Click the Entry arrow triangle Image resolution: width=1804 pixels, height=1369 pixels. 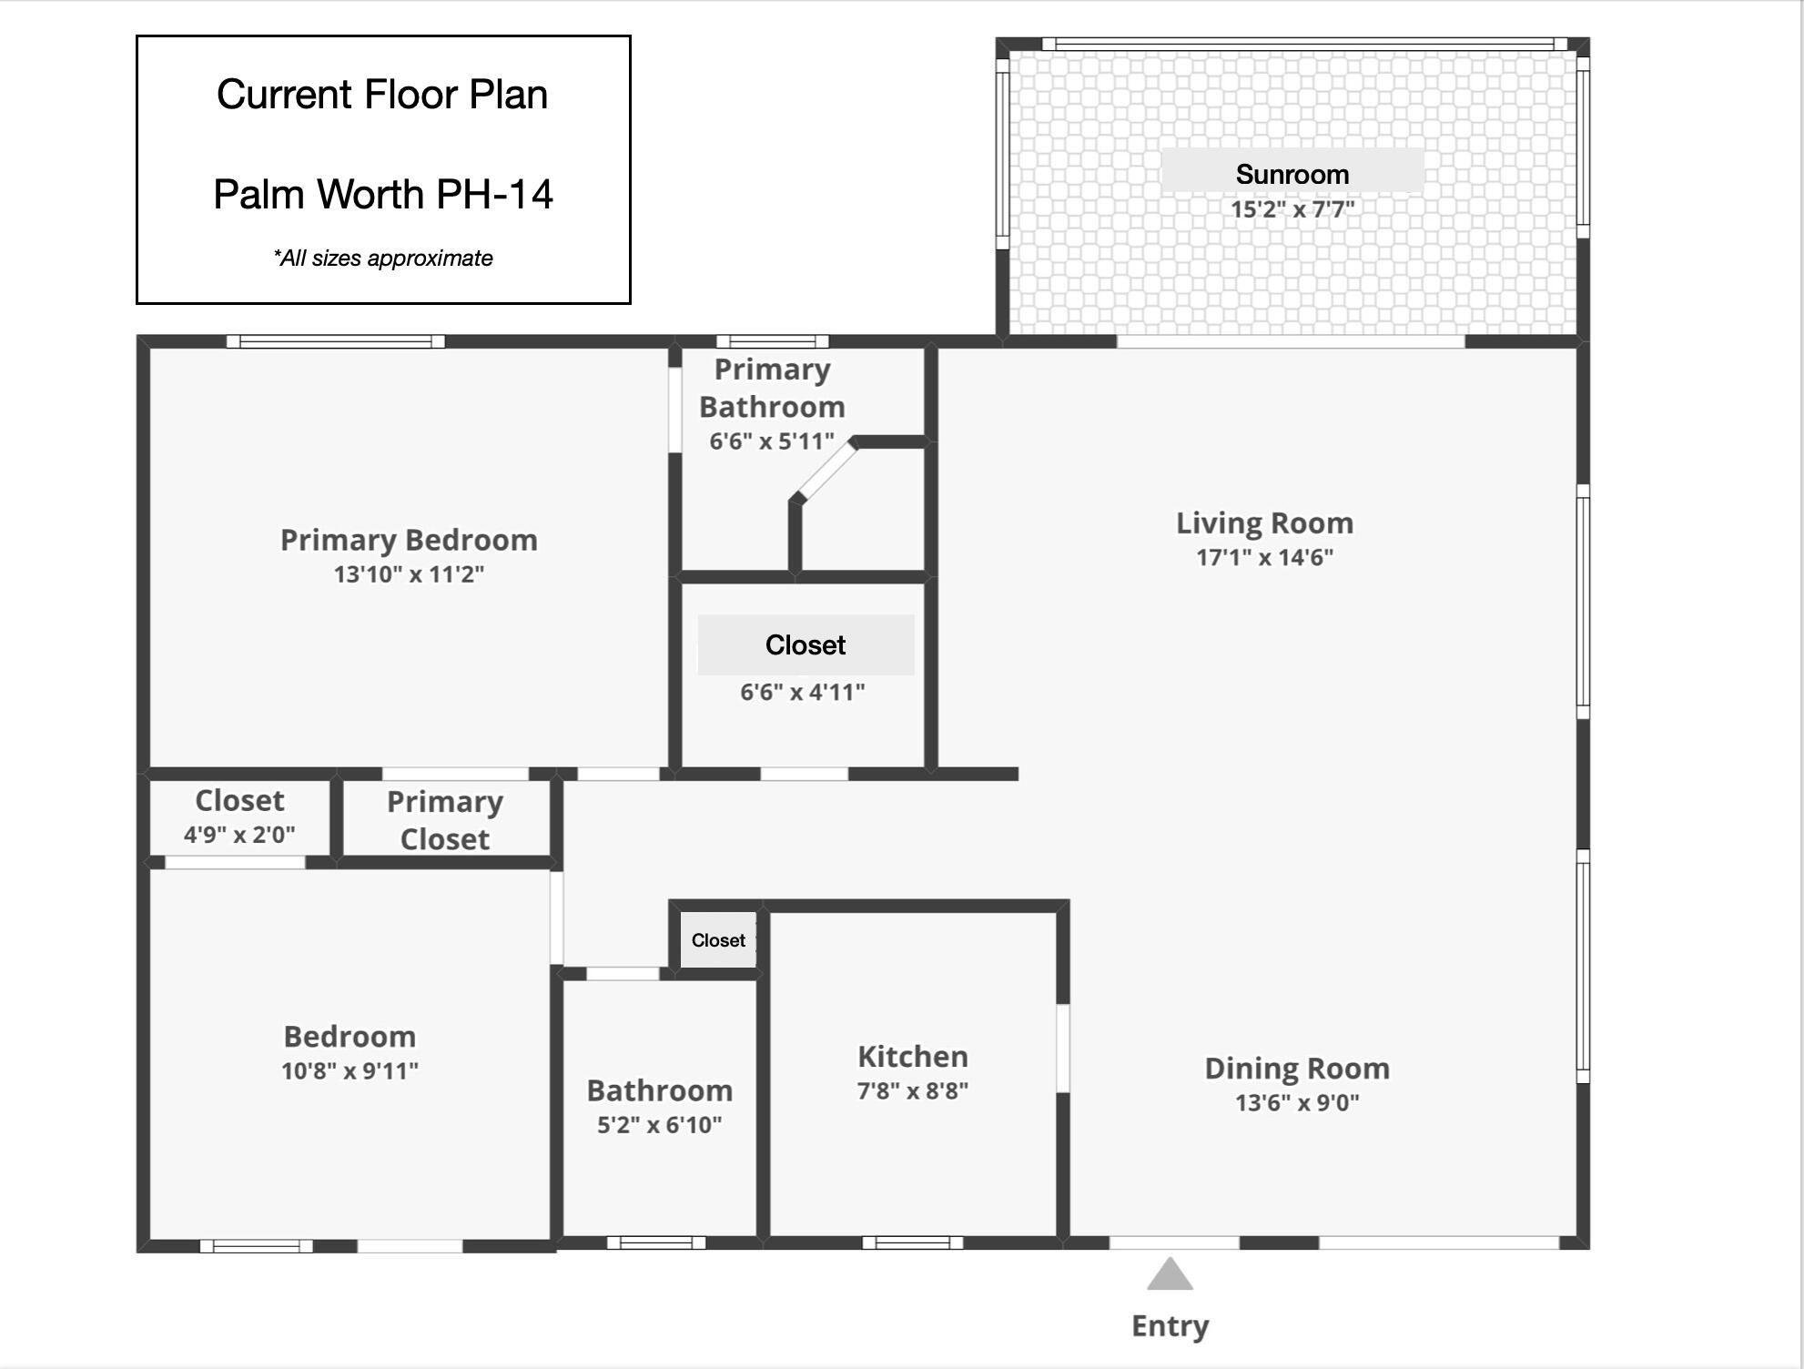pyautogui.click(x=1170, y=1276)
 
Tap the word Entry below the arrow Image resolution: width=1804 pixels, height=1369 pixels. pyautogui.click(x=1170, y=1326)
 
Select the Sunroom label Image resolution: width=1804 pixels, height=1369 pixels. pyautogui.click(x=1292, y=174)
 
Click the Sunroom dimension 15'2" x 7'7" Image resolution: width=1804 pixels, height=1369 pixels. pyautogui.click(x=1292, y=209)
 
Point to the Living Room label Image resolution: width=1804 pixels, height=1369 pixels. pyautogui.click(x=1264, y=523)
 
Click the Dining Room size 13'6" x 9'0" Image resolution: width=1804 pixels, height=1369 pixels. pyautogui.click(x=1296, y=1103)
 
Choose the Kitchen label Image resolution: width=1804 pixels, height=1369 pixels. pyautogui.click(x=912, y=1057)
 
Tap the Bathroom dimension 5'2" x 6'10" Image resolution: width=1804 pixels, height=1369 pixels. pyautogui.click(x=659, y=1125)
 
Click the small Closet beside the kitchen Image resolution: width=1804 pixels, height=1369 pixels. pyautogui.click(x=718, y=940)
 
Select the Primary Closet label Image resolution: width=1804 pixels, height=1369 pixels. pyautogui.click(x=444, y=820)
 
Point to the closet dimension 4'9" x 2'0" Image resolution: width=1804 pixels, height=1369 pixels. pyautogui.click(x=239, y=835)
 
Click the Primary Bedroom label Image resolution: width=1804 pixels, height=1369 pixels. pyautogui.click(x=409, y=540)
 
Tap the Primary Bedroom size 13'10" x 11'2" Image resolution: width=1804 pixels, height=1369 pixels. pyautogui.click(x=409, y=574)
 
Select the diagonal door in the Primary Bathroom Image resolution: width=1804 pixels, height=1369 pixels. pyautogui.click(x=825, y=471)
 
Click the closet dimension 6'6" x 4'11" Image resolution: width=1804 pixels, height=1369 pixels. pyautogui.click(x=802, y=693)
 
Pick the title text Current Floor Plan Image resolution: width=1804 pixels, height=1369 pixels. pyautogui.click(x=382, y=95)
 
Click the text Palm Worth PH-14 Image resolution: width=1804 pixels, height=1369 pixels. pyautogui.click(x=382, y=194)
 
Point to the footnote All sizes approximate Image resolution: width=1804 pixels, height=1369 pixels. pyautogui.click(x=382, y=259)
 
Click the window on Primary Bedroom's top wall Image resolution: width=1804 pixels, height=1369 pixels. pyautogui.click(x=335, y=341)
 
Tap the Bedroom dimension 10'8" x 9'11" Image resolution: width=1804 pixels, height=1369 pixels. pyautogui.click(x=350, y=1071)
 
